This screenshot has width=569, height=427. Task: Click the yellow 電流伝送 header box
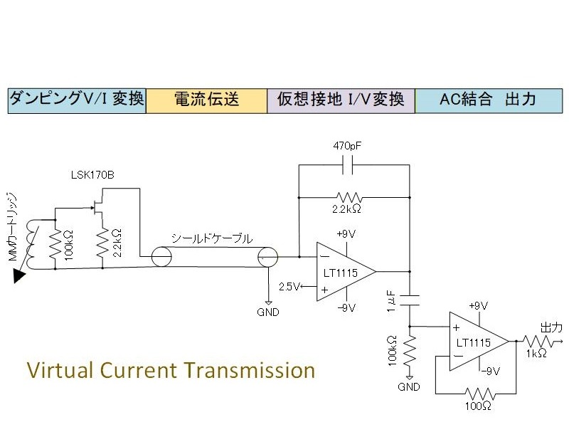click(206, 100)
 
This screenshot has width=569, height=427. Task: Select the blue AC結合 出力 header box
click(486, 100)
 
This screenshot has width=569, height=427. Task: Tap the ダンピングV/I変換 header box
click(77, 100)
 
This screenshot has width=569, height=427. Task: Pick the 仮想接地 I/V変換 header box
click(341, 100)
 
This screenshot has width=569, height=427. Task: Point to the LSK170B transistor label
click(92, 175)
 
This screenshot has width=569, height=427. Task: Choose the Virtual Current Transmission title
click(171, 371)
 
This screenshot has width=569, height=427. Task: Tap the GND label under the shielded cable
click(268, 312)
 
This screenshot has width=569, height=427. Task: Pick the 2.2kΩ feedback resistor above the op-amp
click(349, 196)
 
